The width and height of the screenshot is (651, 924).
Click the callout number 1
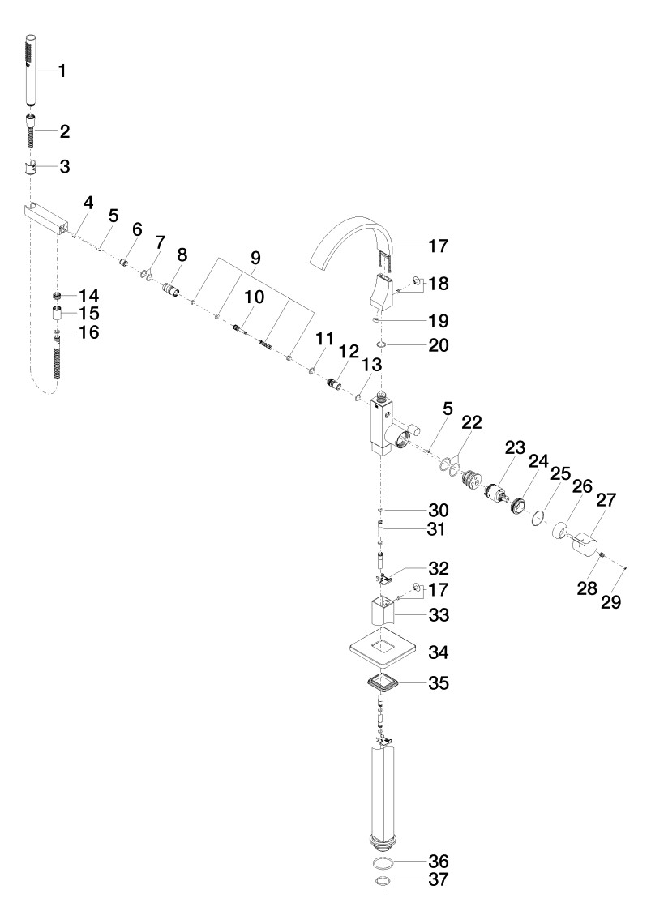[x=62, y=71]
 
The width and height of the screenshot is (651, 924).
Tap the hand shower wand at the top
[x=32, y=71]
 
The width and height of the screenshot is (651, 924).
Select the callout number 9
[x=255, y=258]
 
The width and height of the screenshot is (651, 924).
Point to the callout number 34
[x=439, y=652]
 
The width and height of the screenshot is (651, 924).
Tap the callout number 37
[x=439, y=879]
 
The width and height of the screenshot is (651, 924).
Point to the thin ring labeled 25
[x=536, y=516]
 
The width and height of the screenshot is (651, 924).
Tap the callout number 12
[x=349, y=352]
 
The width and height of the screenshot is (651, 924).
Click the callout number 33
[x=439, y=615]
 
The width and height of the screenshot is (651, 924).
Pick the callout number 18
[x=439, y=284]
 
